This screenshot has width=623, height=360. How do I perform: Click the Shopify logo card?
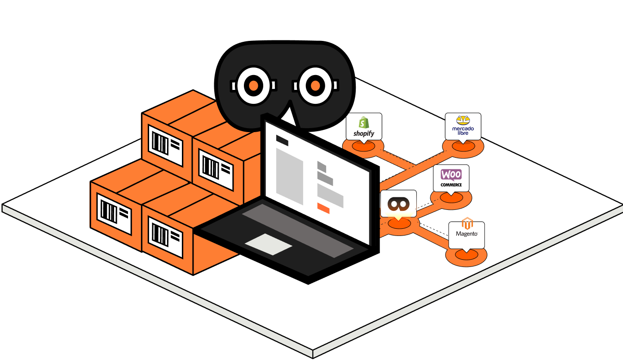(364, 126)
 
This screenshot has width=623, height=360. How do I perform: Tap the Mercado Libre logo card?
(463, 126)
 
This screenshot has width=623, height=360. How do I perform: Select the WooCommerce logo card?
(451, 178)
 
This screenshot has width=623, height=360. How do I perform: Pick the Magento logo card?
(467, 234)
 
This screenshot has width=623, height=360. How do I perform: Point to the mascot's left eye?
(253, 85)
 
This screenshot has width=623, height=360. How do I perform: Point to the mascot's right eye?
(315, 85)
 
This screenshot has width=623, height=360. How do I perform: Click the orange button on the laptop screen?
(323, 208)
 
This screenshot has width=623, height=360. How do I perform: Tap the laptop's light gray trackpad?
(268, 244)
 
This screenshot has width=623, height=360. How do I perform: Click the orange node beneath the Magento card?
(466, 255)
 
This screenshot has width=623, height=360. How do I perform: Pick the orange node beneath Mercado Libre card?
(463, 147)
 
